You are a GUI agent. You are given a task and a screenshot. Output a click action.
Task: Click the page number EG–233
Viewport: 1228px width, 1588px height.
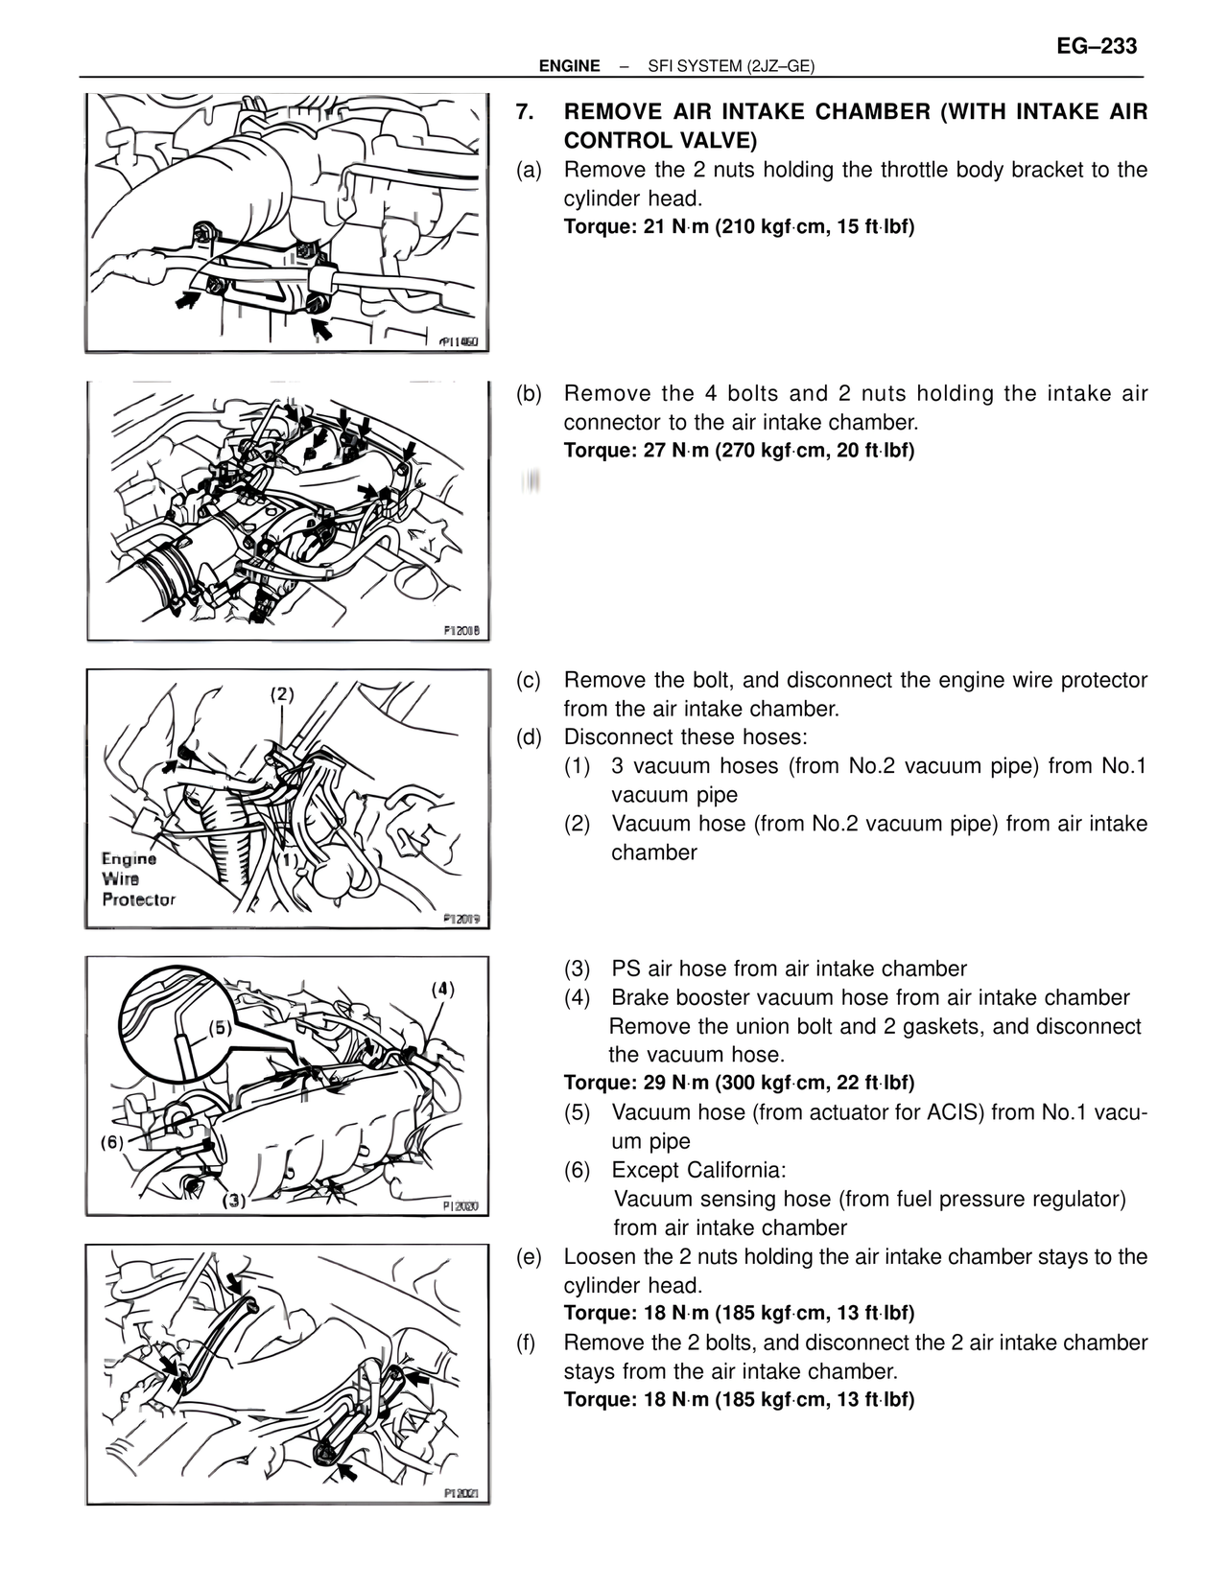tap(1097, 46)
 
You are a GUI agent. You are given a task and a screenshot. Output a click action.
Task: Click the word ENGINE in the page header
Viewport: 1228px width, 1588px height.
tap(570, 66)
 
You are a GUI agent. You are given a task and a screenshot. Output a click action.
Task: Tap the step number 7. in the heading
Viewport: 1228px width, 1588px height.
tap(524, 112)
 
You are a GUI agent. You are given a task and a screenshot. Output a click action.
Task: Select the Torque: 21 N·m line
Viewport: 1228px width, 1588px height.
tap(739, 226)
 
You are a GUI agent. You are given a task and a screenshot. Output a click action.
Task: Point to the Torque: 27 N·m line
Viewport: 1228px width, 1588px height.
tap(739, 450)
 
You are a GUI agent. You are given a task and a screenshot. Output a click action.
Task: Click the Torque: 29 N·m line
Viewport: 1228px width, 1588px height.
tap(739, 1083)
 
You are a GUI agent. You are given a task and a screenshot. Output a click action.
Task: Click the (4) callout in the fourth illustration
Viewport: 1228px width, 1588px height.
tap(442, 990)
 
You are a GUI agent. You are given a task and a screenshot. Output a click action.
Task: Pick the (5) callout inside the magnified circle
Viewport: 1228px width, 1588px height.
tap(220, 1028)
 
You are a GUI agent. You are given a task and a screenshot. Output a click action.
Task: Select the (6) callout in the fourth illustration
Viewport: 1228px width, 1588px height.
tap(112, 1141)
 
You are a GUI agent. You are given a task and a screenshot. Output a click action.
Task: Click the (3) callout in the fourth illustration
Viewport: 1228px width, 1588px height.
tap(234, 1201)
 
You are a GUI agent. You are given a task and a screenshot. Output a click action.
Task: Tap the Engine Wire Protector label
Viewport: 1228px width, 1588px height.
tap(138, 879)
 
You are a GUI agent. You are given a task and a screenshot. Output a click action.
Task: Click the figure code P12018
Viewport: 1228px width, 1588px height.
tap(465, 631)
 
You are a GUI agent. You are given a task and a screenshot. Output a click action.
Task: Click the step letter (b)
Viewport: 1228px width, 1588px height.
tap(530, 394)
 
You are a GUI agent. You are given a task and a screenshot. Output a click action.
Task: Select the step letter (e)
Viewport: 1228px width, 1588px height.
tap(530, 1257)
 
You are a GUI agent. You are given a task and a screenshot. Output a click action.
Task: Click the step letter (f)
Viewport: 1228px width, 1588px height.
tap(527, 1343)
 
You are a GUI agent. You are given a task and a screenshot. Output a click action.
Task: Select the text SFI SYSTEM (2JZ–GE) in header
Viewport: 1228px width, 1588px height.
tap(731, 66)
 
